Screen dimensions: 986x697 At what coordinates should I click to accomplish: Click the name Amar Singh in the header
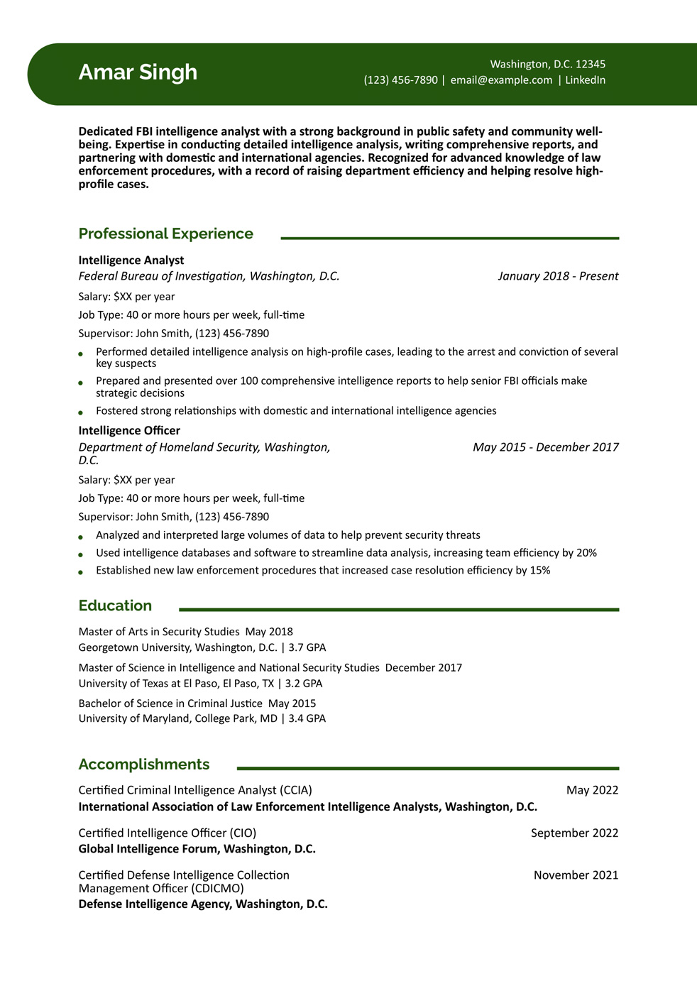[x=138, y=72]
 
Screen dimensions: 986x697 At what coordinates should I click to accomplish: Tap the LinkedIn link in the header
[x=585, y=80]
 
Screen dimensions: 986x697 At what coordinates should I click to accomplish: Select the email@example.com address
[x=501, y=80]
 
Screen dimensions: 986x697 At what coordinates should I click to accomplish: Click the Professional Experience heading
[x=165, y=234]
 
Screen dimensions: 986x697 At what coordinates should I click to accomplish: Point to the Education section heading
[x=115, y=606]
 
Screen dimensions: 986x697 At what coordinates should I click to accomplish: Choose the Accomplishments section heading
[x=143, y=765]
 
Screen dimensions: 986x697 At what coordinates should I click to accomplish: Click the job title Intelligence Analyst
[x=131, y=261]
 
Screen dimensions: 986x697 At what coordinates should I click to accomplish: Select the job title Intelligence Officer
[x=129, y=431]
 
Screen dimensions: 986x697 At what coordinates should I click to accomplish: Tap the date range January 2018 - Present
[x=558, y=276]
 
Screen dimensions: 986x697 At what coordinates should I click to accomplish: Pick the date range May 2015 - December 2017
[x=545, y=447]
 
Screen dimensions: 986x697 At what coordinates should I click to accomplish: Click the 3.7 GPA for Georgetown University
[x=307, y=647]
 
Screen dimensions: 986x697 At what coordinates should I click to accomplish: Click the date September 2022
[x=574, y=833]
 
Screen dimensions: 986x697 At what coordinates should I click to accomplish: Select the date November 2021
[x=576, y=875]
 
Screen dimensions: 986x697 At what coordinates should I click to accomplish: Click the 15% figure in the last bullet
[x=539, y=571]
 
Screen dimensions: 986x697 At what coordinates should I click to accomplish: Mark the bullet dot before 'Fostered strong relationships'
[x=81, y=412]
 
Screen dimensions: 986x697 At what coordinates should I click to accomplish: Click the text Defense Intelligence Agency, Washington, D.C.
[x=203, y=904]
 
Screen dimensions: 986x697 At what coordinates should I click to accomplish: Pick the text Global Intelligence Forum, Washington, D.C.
[x=197, y=849]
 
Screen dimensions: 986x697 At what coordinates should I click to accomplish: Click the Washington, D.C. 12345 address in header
[x=547, y=65]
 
